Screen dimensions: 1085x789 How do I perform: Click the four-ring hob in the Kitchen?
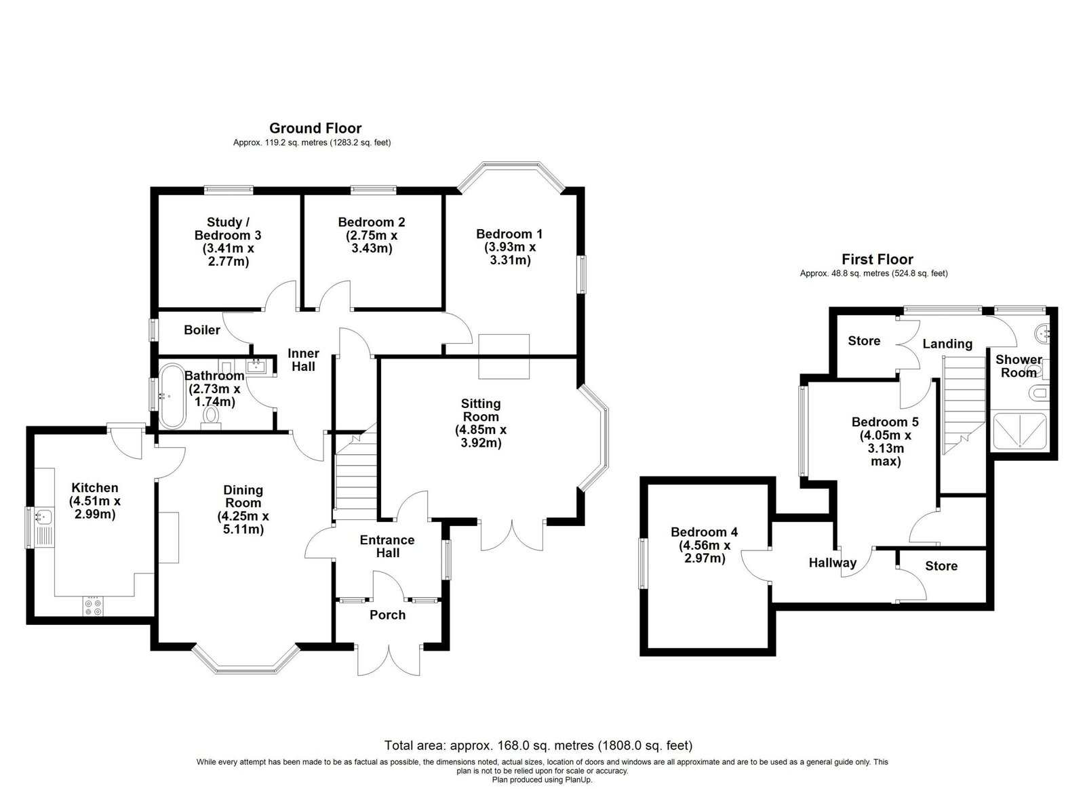coord(93,607)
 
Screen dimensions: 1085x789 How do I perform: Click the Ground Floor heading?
coord(315,128)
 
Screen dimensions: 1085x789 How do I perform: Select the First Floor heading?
coord(877,260)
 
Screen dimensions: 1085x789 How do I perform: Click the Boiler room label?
coord(202,330)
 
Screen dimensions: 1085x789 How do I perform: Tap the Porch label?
coord(387,615)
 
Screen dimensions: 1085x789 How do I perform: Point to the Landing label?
coord(947,344)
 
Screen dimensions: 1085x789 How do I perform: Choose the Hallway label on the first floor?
coord(833,563)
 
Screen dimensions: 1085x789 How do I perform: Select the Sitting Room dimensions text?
coord(481,436)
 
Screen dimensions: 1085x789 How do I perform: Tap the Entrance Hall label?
coord(387,546)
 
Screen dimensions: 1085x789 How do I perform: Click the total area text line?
coord(538,746)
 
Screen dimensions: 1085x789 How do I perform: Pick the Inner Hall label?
coord(303,360)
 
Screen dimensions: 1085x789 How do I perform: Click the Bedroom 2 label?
coord(372,222)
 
